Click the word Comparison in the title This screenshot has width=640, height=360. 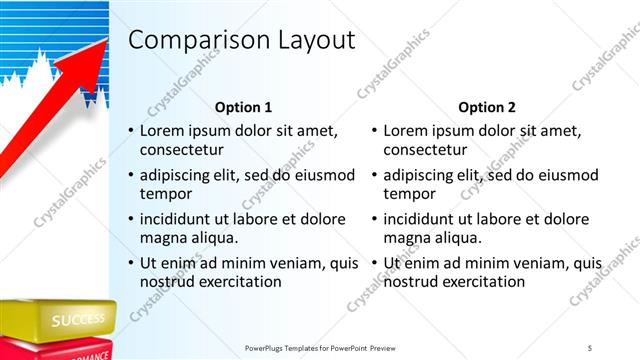(x=198, y=40)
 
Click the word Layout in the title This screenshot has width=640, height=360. (x=313, y=40)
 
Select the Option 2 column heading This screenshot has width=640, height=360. (x=487, y=107)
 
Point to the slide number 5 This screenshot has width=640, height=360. (x=590, y=347)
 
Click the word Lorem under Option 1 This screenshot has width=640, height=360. (x=162, y=131)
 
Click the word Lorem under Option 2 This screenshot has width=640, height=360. (x=406, y=131)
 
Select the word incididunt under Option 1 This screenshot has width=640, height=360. (x=180, y=219)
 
